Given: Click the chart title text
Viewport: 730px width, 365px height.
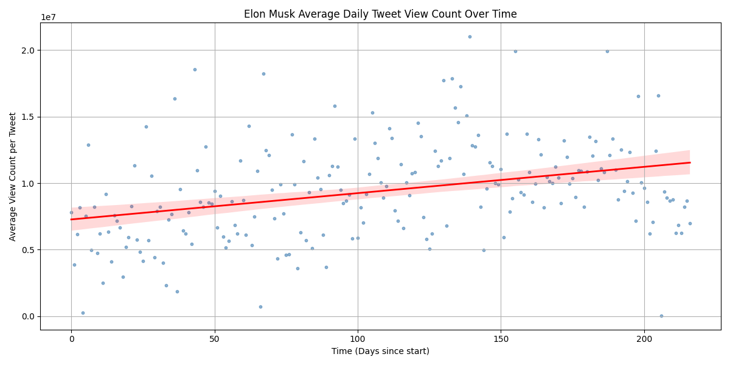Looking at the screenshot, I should [380, 14].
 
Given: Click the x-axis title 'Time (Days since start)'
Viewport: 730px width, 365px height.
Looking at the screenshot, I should [380, 351].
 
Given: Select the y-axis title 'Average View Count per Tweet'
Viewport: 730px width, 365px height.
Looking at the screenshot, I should [13, 176].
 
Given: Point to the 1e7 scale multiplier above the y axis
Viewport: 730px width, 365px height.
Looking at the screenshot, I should [48, 17].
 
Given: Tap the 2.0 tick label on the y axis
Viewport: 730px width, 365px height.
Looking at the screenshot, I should [28, 50].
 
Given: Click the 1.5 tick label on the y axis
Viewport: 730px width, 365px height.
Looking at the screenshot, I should [28, 117].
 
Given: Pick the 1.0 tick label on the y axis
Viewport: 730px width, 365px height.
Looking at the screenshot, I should [28, 183].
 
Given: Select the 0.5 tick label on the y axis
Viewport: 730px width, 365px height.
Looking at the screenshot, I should [28, 250].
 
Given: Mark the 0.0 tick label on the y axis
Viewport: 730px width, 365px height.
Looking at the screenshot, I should [28, 316].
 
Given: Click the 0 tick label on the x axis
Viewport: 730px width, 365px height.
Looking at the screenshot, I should [71, 338].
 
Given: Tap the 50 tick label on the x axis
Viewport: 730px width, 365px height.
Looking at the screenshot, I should [214, 338].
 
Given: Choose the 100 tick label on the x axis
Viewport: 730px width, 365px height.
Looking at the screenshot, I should [358, 338].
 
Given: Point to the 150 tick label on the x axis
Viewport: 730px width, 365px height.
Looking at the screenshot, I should [501, 338].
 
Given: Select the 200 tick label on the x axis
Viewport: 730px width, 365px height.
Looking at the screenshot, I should [644, 338].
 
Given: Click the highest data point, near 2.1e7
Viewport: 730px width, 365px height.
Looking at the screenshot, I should [470, 36].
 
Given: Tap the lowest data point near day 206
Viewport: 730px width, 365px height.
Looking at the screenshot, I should [661, 316].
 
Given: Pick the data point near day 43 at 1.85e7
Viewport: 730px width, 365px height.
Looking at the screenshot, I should [195, 69].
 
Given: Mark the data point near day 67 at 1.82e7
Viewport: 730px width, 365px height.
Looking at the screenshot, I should [263, 74].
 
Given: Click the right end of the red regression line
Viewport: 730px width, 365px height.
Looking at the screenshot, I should [689, 162].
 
